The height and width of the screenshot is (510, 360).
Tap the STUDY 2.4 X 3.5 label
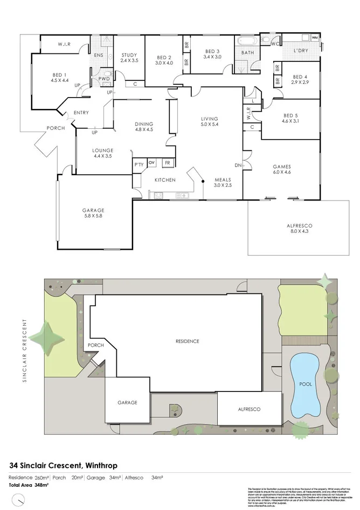click(129, 58)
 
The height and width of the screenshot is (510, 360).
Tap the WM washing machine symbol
click(314, 37)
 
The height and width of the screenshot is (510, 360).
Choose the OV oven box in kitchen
click(151, 162)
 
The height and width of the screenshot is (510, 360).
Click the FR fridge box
click(168, 162)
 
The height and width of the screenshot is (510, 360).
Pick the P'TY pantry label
click(138, 164)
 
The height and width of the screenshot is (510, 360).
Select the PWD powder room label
click(104, 79)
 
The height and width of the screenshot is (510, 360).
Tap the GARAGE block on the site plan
click(127, 401)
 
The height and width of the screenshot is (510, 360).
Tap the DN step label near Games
click(238, 165)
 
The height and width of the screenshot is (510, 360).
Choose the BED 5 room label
click(290, 118)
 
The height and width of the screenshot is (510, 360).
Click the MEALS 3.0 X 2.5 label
click(223, 182)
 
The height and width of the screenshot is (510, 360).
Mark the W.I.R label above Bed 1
click(65, 44)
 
